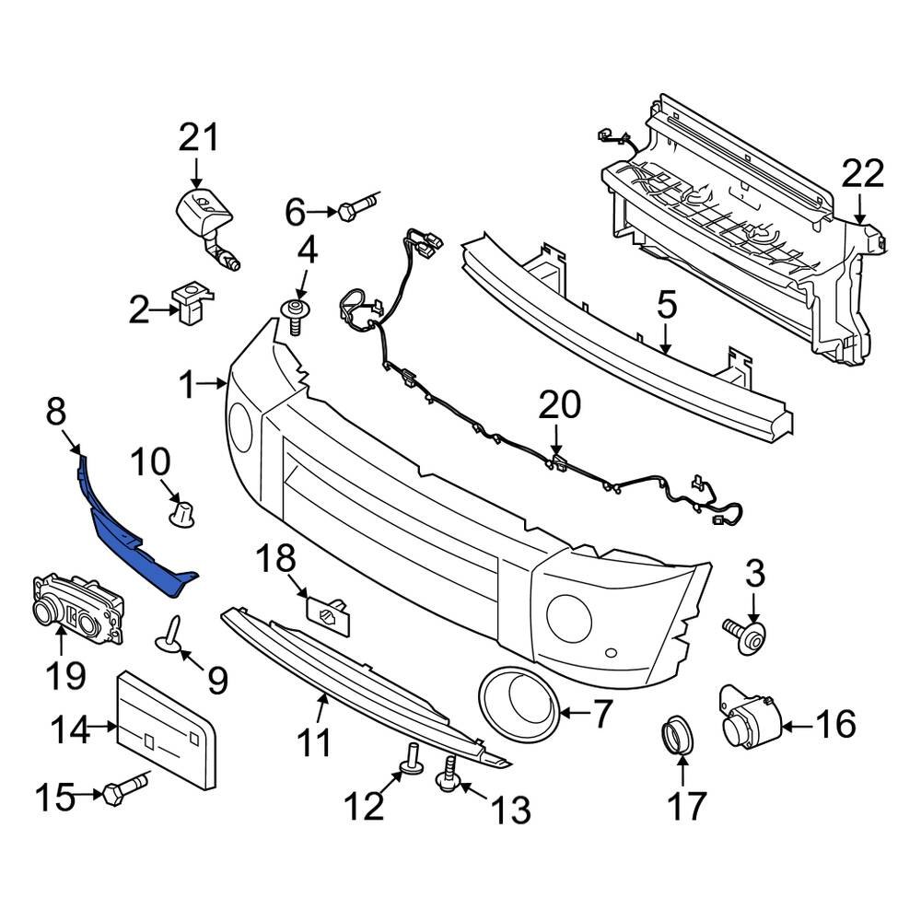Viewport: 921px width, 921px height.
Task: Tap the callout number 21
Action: click(x=200, y=138)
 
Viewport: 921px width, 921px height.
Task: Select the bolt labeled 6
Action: click(x=356, y=210)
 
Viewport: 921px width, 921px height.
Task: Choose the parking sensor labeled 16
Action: click(x=748, y=718)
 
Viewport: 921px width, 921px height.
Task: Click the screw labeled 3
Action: click(x=744, y=635)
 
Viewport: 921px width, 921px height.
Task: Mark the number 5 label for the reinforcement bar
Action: click(x=666, y=304)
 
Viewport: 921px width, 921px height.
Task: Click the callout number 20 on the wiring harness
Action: click(x=560, y=405)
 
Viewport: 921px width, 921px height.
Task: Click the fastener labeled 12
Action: click(x=412, y=756)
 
